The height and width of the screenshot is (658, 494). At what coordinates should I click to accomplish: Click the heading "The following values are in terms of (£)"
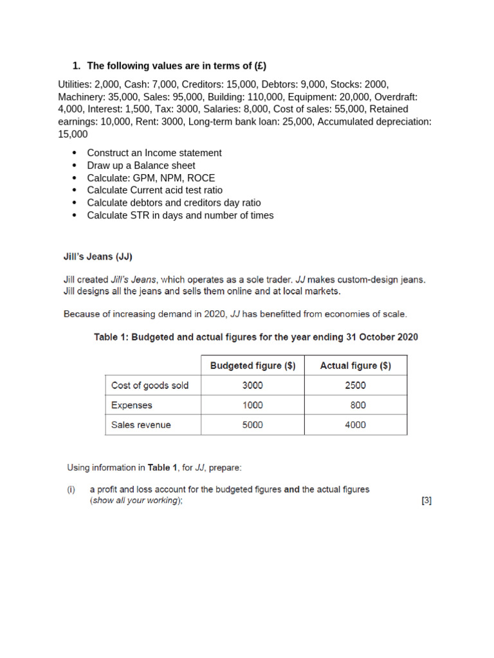(x=176, y=66)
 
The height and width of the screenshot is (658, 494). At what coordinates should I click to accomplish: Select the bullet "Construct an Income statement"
(x=154, y=153)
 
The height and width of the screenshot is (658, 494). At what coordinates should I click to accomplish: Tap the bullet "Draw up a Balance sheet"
(x=141, y=165)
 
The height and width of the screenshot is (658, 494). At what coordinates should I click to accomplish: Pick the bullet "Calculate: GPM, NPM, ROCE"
(x=151, y=178)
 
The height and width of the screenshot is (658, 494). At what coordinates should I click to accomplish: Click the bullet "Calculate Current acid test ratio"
(x=154, y=190)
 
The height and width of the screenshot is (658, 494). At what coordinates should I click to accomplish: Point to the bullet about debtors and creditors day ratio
(x=165, y=203)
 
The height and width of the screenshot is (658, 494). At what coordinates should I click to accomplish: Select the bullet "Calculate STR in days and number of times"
(x=180, y=215)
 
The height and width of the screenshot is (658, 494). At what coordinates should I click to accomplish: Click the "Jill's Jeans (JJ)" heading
(x=98, y=257)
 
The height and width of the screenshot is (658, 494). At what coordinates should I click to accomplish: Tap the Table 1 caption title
(x=256, y=337)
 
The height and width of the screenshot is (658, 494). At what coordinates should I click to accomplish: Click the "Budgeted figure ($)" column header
(x=253, y=366)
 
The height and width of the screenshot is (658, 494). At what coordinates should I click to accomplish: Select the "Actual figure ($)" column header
(x=355, y=366)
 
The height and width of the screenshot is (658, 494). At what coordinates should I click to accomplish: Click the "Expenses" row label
(x=132, y=405)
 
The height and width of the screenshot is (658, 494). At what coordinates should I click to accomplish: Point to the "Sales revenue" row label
(x=141, y=425)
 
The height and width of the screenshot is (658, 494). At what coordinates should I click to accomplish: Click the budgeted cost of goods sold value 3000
(x=253, y=386)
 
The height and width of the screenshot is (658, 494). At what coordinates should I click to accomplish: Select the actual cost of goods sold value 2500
(x=355, y=386)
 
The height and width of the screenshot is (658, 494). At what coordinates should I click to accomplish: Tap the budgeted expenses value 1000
(x=253, y=405)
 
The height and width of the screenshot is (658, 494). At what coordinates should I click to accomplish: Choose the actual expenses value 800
(x=358, y=405)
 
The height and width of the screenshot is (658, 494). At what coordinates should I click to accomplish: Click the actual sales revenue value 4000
(x=355, y=425)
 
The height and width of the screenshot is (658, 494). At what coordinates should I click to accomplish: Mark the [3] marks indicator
(x=426, y=501)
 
